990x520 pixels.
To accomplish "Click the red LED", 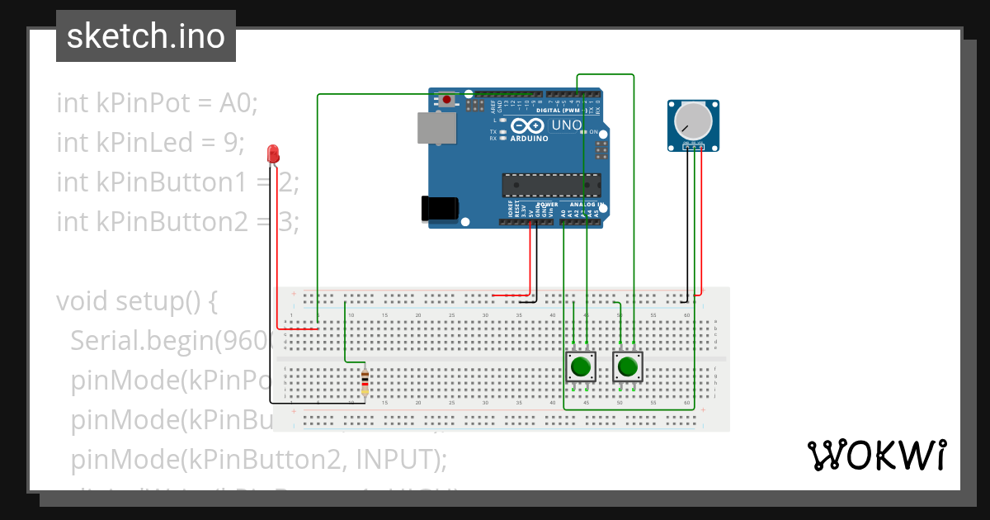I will (273, 154).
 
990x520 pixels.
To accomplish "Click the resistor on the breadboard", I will (365, 384).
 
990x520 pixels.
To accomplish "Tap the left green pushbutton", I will (581, 366).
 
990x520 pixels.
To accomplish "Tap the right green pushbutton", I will (628, 366).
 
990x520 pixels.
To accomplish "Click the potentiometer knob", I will (691, 122).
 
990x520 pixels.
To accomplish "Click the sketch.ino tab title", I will (146, 36).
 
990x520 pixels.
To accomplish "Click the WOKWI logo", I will (875, 455).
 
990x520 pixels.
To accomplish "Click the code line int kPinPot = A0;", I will (158, 103).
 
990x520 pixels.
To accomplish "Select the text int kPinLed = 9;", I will (151, 143).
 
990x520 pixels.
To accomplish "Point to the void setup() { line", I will (137, 300).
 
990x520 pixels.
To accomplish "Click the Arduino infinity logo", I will (529, 126).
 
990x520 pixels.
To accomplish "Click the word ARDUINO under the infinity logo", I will (529, 139).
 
